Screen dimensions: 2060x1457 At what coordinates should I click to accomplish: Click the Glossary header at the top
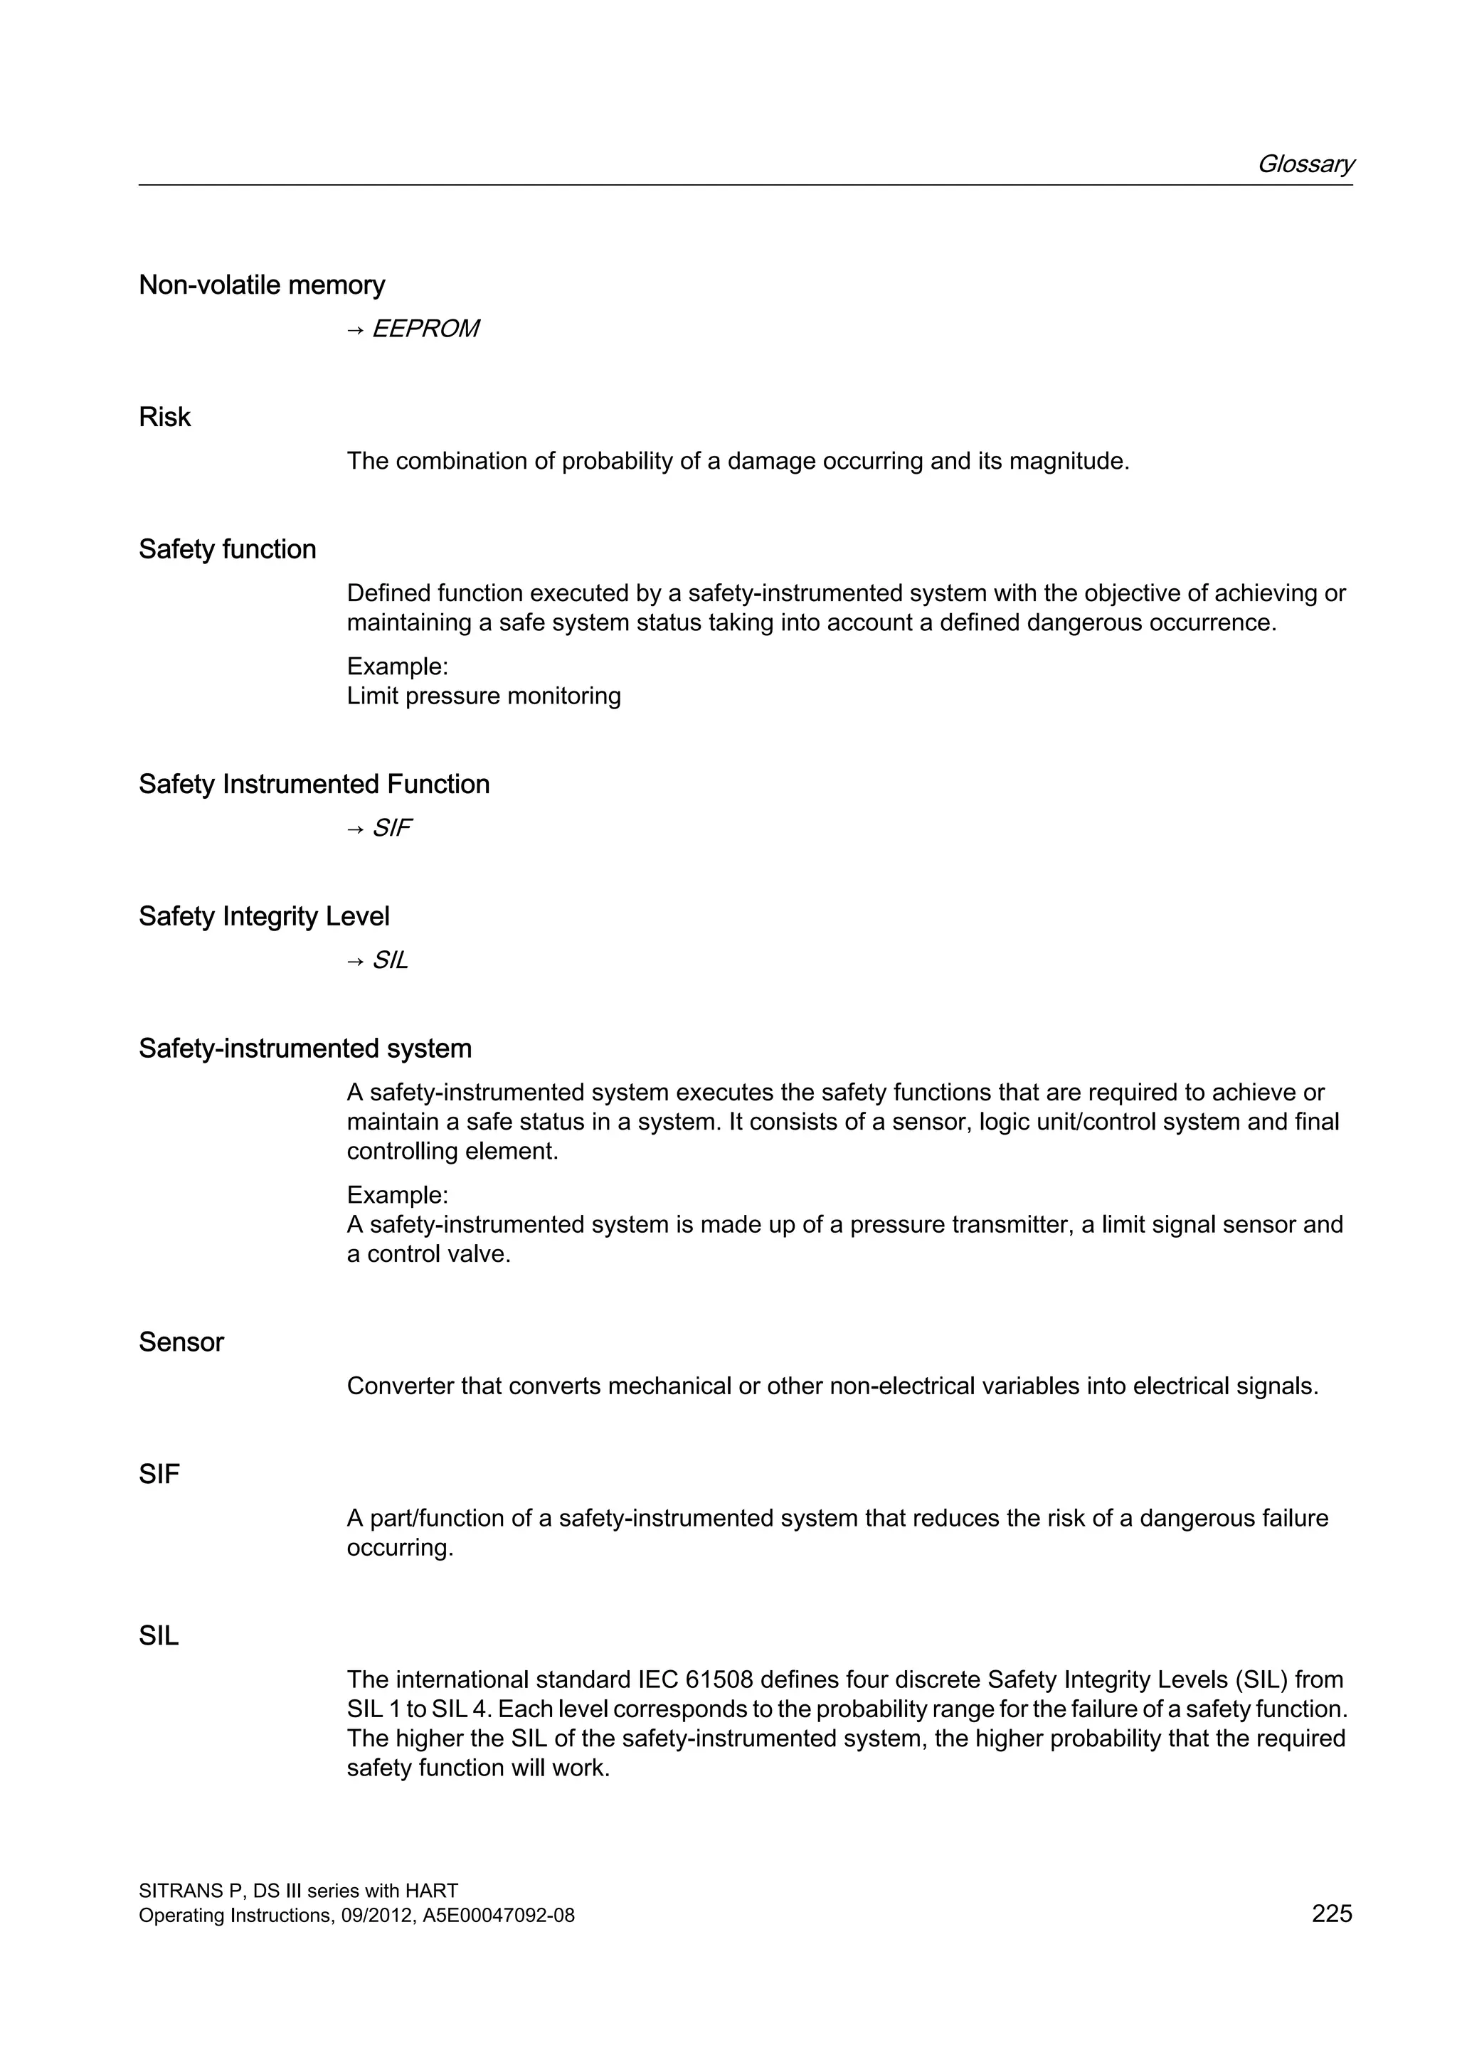[1305, 164]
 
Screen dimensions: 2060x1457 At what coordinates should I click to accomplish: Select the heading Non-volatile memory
[261, 285]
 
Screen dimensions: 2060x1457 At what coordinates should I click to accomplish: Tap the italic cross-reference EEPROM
[424, 329]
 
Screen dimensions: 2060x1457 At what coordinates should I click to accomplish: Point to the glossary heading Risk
[164, 418]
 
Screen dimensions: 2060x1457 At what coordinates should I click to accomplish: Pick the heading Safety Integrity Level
[264, 916]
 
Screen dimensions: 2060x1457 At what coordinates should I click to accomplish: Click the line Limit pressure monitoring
[484, 696]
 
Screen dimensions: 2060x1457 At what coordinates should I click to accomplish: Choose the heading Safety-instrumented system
[304, 1048]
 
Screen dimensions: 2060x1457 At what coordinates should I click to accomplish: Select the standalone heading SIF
[159, 1474]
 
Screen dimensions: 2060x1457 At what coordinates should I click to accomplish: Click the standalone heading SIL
[158, 1637]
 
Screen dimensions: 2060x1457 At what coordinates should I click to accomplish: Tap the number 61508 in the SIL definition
[719, 1679]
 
